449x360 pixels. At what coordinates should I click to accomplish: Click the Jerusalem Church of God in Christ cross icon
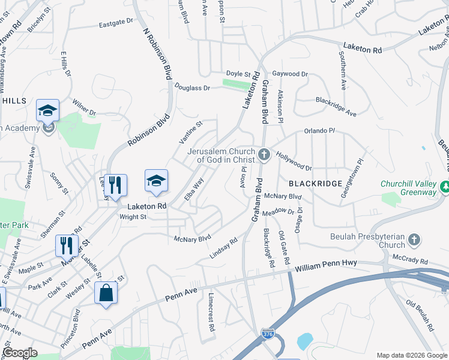[x=264, y=155]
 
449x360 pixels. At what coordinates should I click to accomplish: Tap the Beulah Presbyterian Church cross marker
[x=413, y=241]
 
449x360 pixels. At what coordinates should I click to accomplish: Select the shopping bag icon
[x=106, y=293]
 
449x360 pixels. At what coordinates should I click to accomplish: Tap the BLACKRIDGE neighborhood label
[x=315, y=183]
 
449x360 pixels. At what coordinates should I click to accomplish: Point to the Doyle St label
[x=238, y=74]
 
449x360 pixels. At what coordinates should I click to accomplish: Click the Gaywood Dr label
[x=290, y=74]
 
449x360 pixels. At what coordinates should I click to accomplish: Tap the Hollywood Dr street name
[x=294, y=160]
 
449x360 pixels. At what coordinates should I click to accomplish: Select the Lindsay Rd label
[x=223, y=248]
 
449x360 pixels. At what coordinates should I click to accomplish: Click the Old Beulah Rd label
[x=420, y=316]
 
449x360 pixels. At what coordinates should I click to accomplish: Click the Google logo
[x=20, y=352]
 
